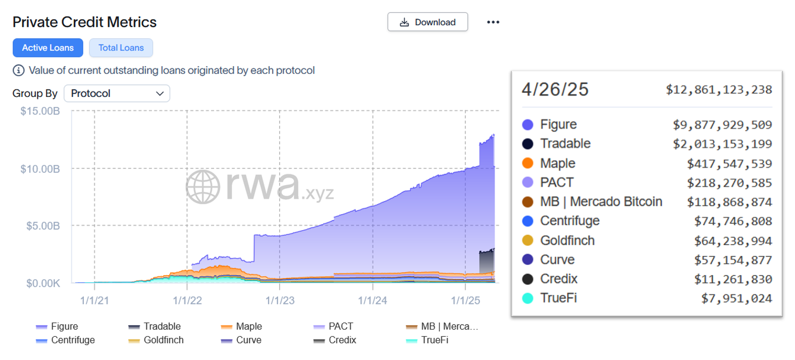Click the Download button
tap(428, 22)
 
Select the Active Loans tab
tap(48, 48)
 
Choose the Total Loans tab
tap(121, 48)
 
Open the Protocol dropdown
tap(117, 93)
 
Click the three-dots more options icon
tap(493, 22)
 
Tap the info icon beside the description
tap(19, 71)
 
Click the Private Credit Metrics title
tap(85, 22)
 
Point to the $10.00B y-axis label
tap(40, 169)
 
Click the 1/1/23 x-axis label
tap(280, 300)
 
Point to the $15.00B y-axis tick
tap(40, 111)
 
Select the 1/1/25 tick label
tap(465, 300)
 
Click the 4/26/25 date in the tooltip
tap(555, 89)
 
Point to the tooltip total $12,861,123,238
tap(719, 90)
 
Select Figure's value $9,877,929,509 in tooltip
tap(722, 125)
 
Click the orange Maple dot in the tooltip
tap(527, 163)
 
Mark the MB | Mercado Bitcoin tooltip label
tap(601, 202)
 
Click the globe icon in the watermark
tap(203, 187)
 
